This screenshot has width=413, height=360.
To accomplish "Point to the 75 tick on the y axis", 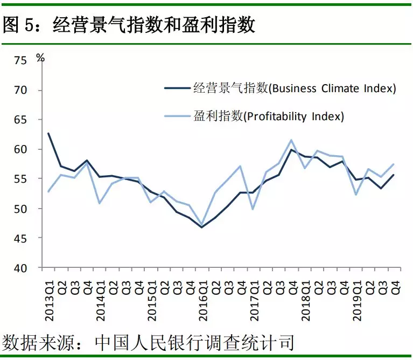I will (20, 60).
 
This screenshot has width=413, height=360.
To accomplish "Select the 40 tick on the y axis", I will (20, 268).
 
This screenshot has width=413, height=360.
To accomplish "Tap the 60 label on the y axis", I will (20, 149).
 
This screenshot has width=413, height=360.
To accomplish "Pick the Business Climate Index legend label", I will (294, 88).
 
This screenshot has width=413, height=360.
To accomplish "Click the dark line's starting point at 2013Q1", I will (49, 133).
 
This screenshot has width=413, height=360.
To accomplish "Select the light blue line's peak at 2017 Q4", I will (291, 140).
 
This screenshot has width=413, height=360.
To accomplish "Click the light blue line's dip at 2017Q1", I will (253, 209).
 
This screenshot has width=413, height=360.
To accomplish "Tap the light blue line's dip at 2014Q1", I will (100, 203).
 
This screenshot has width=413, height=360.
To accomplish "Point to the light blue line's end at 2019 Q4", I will (395, 164).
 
